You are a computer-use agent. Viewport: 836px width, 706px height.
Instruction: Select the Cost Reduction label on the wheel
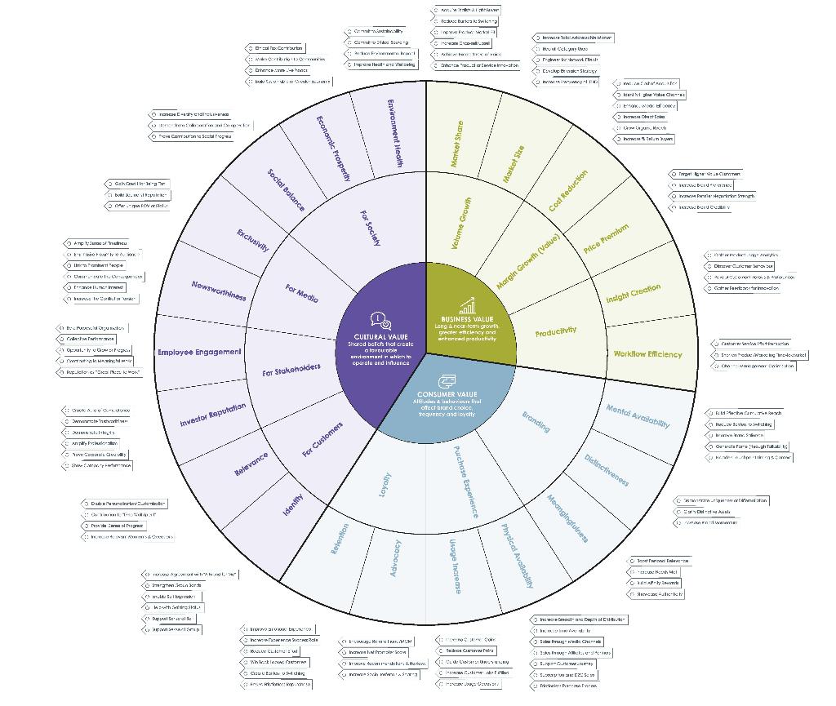pos(568,191)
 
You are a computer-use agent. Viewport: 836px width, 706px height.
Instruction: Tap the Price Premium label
pos(607,239)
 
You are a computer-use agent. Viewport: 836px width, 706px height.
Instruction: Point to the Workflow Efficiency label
pos(647,354)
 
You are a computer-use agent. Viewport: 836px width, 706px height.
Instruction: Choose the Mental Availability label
pos(638,416)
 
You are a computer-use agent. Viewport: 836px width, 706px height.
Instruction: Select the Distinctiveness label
pos(607,469)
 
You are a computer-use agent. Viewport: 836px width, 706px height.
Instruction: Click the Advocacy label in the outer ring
pos(396,558)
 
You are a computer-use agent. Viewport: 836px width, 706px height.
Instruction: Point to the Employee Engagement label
pos(199,352)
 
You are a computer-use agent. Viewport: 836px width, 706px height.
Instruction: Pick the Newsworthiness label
pos(219,290)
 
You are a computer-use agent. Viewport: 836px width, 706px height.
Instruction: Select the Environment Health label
pos(395,133)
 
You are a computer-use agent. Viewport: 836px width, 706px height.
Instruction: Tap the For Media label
pos(301,292)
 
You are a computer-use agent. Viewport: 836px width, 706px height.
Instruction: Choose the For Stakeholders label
pos(291,370)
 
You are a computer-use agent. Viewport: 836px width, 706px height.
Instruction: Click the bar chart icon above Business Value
pos(467,306)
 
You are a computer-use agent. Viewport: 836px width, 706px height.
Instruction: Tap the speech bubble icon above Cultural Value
pos(380,320)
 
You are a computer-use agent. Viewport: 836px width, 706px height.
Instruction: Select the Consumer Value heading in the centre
pos(447,394)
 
